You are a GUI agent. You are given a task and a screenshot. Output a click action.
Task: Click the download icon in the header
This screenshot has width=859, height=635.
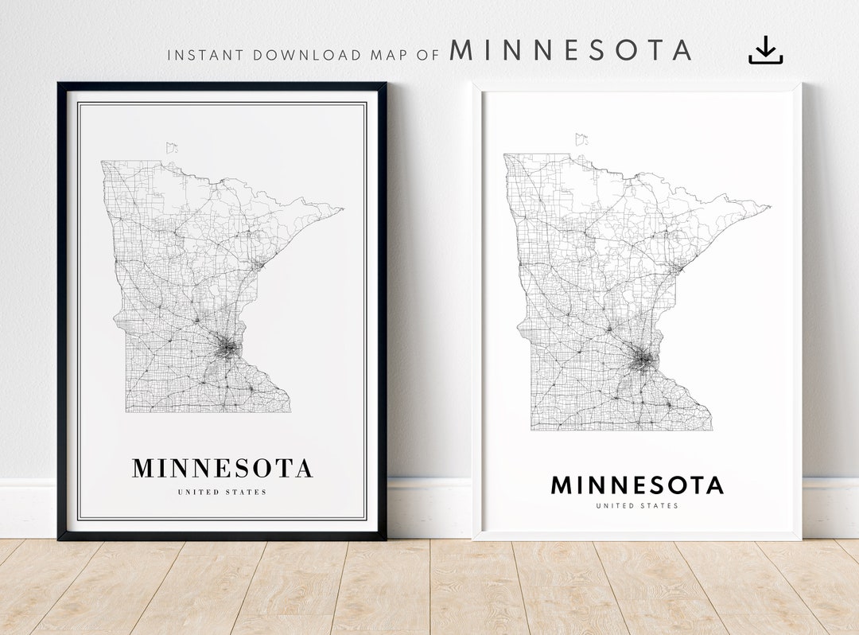point(765,50)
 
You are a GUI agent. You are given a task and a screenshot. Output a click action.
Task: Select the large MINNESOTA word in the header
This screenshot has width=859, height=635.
point(569,51)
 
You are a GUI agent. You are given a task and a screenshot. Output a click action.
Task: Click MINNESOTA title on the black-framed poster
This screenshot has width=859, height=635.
point(222,469)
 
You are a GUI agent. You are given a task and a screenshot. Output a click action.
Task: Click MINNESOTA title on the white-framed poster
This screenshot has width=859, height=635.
point(637,485)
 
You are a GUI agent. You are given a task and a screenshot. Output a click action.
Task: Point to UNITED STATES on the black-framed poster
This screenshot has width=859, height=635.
point(222,493)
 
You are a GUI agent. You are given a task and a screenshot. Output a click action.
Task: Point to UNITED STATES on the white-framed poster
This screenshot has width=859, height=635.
point(637,506)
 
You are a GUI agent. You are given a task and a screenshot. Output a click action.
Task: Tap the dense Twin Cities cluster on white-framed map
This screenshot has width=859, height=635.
point(643,360)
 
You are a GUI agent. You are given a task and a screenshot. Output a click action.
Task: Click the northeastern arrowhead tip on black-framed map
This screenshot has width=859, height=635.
point(341,209)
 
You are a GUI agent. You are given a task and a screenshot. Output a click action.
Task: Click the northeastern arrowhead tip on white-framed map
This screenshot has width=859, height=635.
point(769,207)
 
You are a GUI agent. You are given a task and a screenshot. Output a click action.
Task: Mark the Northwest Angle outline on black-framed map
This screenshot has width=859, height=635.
point(172,147)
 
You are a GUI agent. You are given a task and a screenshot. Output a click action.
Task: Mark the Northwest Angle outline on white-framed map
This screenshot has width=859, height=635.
point(581,138)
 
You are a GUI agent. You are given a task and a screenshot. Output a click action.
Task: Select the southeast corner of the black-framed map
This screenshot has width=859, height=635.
point(290,411)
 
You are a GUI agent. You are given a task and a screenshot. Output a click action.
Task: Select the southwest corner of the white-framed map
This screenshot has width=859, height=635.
point(531,430)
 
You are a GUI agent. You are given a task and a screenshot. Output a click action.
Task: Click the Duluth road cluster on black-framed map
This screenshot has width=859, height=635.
point(258,263)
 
